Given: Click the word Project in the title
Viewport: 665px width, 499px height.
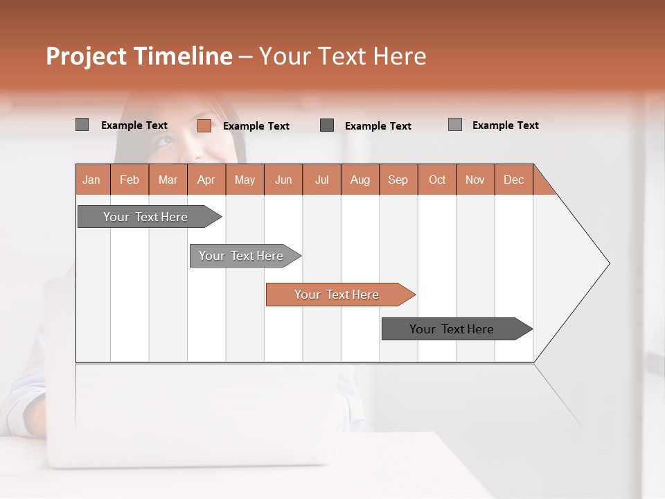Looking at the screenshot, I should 84,56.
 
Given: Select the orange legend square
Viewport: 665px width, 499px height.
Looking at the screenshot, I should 204,125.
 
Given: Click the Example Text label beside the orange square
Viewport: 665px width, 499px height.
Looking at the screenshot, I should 256,126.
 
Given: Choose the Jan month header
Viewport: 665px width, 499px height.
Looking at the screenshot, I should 91,180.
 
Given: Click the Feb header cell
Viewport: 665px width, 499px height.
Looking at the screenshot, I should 130,180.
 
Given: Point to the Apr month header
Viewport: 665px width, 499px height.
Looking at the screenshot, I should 206,180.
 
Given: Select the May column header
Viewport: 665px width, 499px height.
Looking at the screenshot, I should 245,180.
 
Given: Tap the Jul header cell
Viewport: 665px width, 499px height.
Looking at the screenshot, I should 321,180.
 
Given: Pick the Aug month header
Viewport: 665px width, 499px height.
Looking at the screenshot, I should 360,180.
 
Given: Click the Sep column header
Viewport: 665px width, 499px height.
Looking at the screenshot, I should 398,180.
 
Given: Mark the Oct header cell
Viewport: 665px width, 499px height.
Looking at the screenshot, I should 437,180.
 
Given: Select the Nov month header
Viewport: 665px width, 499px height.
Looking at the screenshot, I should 475,180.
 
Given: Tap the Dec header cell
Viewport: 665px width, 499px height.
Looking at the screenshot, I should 513,180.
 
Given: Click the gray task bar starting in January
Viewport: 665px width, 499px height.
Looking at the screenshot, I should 145,217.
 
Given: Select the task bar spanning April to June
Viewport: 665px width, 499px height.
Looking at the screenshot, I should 241,256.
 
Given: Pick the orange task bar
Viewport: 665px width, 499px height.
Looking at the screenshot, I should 337,295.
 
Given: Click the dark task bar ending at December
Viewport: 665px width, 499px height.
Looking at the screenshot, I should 452,329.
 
